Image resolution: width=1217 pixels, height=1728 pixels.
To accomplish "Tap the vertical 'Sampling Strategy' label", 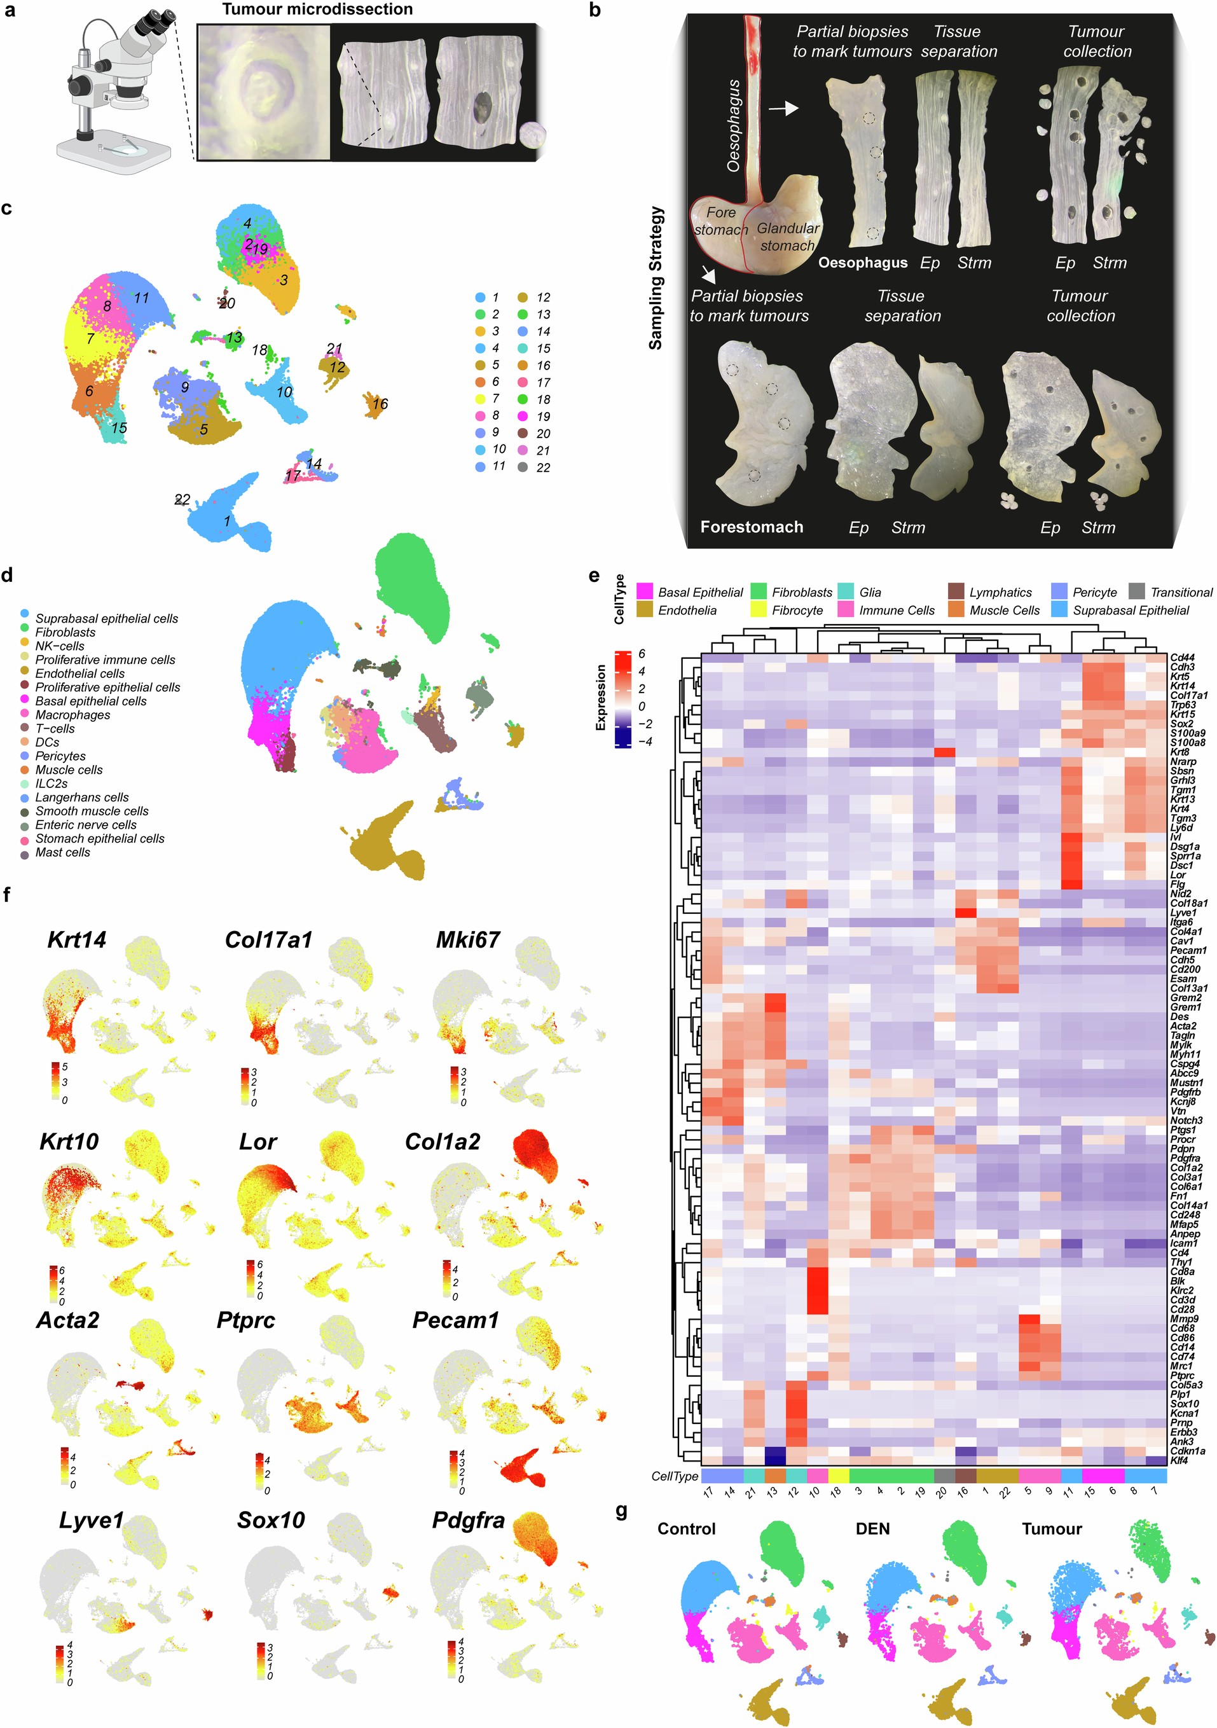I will click(x=656, y=278).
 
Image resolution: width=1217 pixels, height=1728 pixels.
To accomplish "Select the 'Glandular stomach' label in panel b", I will click(x=787, y=237).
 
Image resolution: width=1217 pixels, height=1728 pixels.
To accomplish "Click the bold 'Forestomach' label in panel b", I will click(x=751, y=527).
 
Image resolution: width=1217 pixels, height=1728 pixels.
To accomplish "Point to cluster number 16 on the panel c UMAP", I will click(x=380, y=404).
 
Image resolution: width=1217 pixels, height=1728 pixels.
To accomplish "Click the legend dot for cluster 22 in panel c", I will click(x=522, y=467).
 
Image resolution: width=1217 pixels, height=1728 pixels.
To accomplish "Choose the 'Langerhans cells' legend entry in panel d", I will click(x=81, y=797).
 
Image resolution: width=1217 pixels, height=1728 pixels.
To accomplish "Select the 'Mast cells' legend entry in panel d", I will click(x=62, y=852).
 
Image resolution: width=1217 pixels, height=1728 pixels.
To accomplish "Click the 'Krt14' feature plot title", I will click(x=77, y=939).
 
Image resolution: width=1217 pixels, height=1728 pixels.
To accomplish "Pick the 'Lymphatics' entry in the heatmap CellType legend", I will click(x=1000, y=592).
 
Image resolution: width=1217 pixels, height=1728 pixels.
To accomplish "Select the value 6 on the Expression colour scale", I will click(x=641, y=654).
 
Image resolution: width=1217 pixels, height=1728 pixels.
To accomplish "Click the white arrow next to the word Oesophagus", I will click(x=783, y=109).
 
